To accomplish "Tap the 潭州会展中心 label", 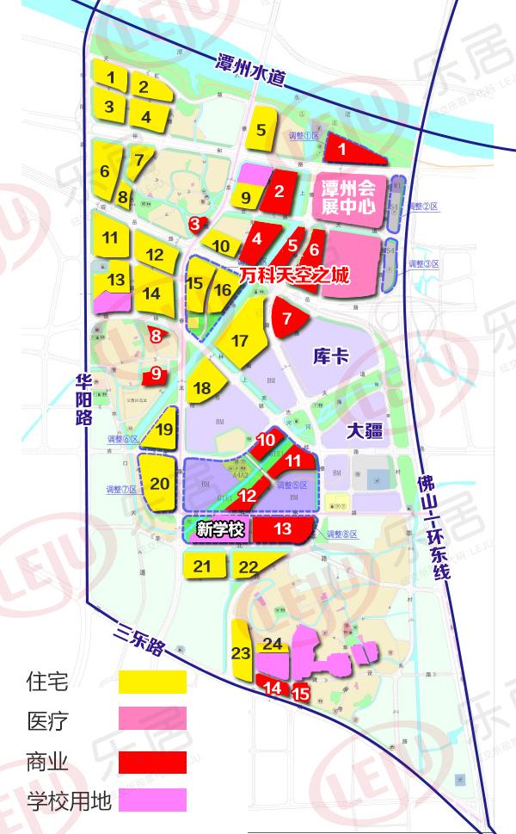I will [347, 197].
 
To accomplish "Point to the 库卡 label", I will [331, 354].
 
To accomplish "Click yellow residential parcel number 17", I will [239, 340].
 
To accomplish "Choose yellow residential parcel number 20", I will [160, 483].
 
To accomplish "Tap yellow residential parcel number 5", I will [261, 131].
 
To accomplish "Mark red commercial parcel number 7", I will [287, 318].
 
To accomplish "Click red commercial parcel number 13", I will [282, 529].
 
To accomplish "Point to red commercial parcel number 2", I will [279, 191].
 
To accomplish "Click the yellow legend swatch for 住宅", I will [153, 682].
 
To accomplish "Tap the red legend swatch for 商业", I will [153, 762].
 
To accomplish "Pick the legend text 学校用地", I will [70, 802].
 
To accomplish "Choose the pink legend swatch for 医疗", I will [153, 719].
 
